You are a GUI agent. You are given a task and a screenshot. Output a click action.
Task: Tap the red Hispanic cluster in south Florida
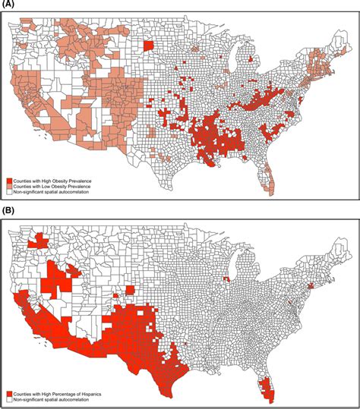click(264, 389)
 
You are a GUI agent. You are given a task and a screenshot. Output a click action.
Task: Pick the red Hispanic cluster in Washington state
click(36, 242)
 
